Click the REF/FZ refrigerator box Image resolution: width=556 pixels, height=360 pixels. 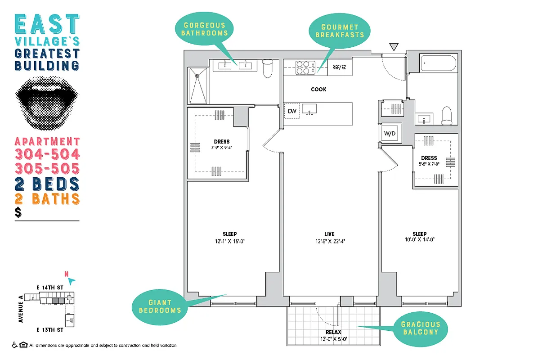coord(339,67)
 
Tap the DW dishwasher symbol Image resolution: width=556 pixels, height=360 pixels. coord(291,111)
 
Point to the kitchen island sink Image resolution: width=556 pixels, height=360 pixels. coord(309,109)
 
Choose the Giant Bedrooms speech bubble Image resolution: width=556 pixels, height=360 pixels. coord(160,306)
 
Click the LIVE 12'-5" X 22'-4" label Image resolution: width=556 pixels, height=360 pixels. coord(330,237)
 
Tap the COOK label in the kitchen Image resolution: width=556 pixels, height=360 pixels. coord(318,89)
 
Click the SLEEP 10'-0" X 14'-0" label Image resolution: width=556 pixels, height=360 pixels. coord(419,237)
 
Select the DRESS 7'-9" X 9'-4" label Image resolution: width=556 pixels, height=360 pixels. coord(222,144)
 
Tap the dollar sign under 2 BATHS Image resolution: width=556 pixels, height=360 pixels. coord(18,213)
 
